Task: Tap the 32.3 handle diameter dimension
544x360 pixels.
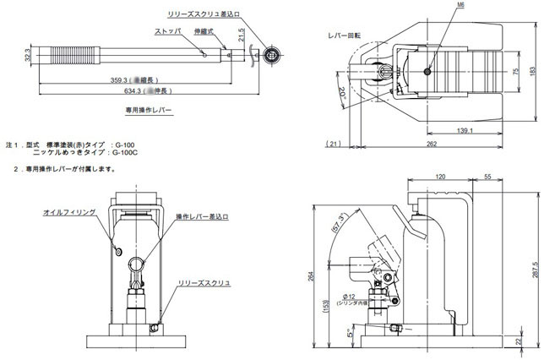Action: coord(28,56)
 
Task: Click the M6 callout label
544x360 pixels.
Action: coord(437,5)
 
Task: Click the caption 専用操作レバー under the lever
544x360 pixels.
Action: coord(148,110)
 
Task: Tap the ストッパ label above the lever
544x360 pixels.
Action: coord(167,30)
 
